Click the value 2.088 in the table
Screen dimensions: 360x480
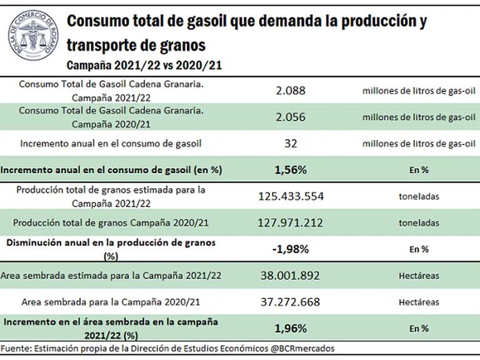(x=290, y=91)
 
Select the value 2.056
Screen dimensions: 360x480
(x=290, y=117)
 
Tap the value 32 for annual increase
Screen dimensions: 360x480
(x=290, y=143)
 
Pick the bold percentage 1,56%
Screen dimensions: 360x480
(x=290, y=169)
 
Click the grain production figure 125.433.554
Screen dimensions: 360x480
(x=291, y=196)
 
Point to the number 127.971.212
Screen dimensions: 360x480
(x=291, y=222)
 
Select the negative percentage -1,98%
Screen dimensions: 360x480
(x=290, y=249)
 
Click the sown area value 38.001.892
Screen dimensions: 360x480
(x=290, y=276)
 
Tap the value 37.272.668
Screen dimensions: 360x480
(x=290, y=302)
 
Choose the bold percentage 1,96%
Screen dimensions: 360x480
(x=290, y=327)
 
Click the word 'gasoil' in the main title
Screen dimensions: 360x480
(x=204, y=22)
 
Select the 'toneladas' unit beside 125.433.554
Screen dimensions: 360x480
(x=419, y=196)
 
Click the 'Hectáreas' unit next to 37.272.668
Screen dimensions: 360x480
(x=419, y=302)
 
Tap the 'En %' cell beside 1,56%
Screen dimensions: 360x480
(x=419, y=170)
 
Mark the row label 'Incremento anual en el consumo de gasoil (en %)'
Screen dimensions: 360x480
(x=111, y=169)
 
